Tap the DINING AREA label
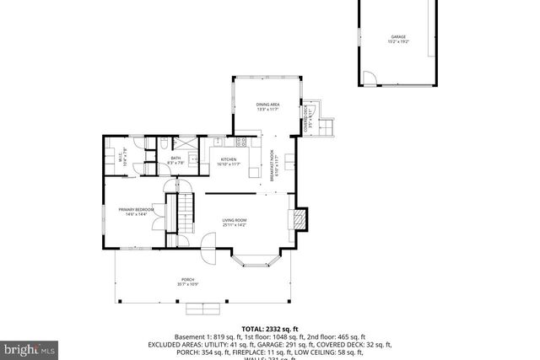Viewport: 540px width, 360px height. tap(268, 106)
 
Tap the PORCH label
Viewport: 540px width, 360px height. tap(187, 282)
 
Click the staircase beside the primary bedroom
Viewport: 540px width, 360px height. tap(184, 212)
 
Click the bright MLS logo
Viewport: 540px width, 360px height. tap(30, 347)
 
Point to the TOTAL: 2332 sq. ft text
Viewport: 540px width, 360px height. tap(270, 328)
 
